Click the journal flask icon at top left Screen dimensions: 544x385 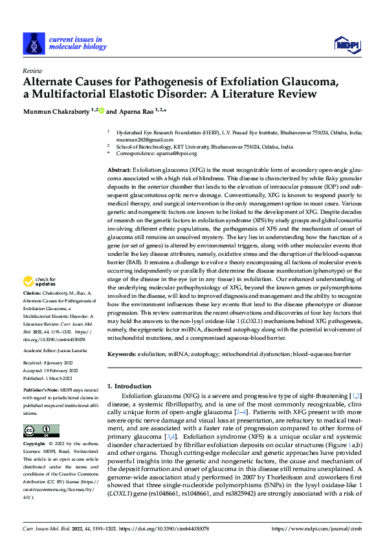(x=33, y=44)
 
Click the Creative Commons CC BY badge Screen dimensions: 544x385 (x=41, y=431)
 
